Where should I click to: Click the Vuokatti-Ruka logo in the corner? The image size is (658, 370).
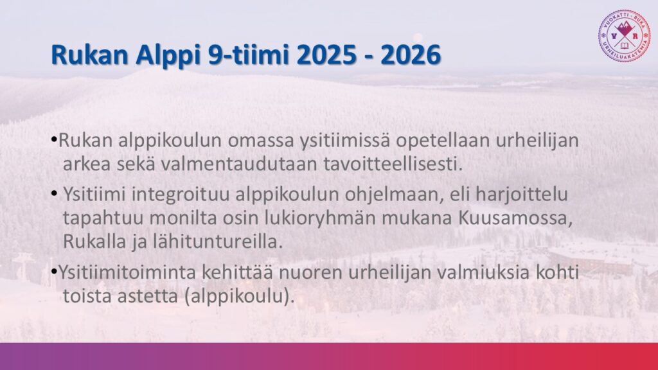point(625,36)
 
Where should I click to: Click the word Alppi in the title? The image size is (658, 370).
point(168,56)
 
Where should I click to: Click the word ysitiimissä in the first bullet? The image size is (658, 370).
point(344,141)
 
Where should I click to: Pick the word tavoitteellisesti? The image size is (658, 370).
point(393,164)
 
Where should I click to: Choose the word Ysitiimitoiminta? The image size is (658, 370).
point(128,272)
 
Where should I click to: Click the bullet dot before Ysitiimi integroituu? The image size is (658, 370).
point(54,194)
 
